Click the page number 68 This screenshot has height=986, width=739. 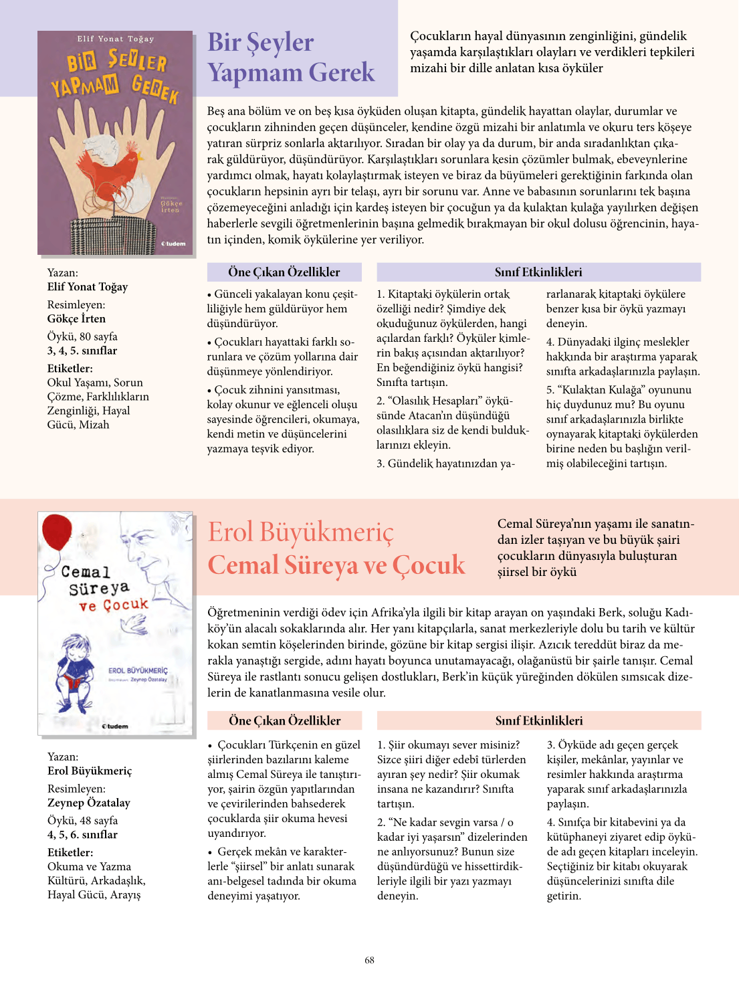369,960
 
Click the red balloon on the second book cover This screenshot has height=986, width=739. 57,532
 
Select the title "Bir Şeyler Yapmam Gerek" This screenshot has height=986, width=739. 290,58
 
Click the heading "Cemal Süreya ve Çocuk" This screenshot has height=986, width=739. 336,565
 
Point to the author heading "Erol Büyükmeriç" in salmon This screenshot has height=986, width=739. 300,532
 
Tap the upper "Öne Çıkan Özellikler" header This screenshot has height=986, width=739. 284,272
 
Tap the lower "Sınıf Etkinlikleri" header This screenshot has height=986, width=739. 538,720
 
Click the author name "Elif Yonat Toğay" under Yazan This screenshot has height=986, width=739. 87,287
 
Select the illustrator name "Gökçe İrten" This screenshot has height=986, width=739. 76,319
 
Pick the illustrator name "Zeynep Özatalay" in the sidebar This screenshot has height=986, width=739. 88,803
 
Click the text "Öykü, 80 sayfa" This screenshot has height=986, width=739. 82,336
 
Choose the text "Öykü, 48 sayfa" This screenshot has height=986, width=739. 82,821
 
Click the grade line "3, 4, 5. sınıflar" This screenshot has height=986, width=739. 82,351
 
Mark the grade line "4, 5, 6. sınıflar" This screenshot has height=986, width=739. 82,835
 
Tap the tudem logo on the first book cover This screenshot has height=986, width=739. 173,243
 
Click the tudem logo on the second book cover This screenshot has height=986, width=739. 115,726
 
